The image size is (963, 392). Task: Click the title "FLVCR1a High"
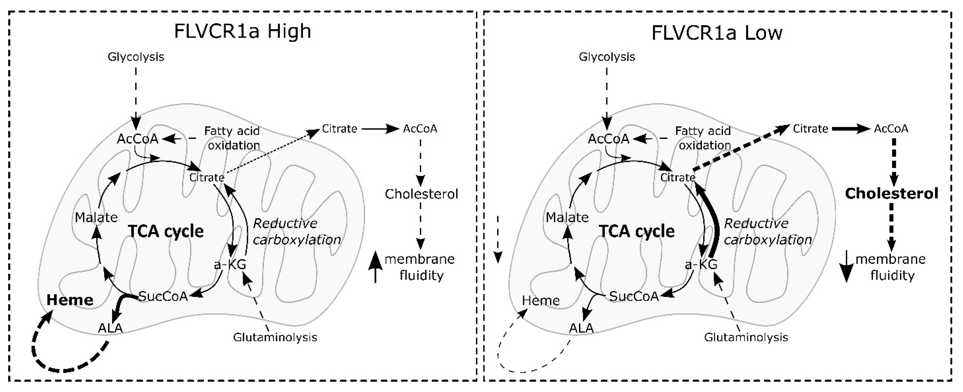coord(243,31)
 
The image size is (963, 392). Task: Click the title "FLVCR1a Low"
coord(717,33)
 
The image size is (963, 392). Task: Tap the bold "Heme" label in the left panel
coord(70,300)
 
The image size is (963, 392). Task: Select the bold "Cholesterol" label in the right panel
coord(892,193)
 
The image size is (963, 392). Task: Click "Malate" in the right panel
coord(567,217)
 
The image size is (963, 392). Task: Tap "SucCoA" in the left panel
coord(163,296)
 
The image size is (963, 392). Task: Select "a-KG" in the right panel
coord(701,264)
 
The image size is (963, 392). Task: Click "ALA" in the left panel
coord(110,328)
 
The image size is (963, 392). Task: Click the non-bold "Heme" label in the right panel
coord(541,300)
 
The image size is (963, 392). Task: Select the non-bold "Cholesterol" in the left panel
coord(421,194)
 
